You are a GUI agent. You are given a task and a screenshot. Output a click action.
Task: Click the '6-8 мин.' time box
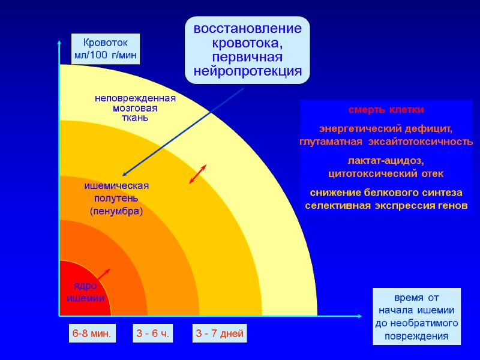pyautogui.click(x=92, y=334)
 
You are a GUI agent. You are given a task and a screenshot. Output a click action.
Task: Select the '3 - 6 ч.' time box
pyautogui.click(x=153, y=334)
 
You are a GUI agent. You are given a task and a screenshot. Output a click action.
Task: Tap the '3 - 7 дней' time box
pyautogui.click(x=220, y=334)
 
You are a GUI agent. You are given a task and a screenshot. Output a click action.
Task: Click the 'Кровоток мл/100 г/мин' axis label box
pyautogui.click(x=106, y=49)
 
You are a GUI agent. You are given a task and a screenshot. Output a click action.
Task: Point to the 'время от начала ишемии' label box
pyautogui.click(x=417, y=316)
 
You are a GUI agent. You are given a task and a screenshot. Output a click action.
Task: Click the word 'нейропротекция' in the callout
pyautogui.click(x=247, y=71)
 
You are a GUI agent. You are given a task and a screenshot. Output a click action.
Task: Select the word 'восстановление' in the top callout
pyautogui.click(x=247, y=29)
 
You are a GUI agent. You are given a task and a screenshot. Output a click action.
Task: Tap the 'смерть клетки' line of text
pyautogui.click(x=386, y=110)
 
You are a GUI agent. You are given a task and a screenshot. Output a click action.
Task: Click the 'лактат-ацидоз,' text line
pyautogui.click(x=386, y=161)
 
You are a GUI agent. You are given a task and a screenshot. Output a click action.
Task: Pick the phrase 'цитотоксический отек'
pyautogui.click(x=386, y=174)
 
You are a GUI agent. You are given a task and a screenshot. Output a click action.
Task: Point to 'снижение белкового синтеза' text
pyautogui.click(x=386, y=193)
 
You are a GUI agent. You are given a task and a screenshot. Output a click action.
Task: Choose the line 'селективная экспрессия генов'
pyautogui.click(x=386, y=206)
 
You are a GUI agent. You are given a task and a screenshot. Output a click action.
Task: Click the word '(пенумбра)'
pyautogui.click(x=116, y=211)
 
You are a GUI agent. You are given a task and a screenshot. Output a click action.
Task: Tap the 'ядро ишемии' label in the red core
pyautogui.click(x=85, y=292)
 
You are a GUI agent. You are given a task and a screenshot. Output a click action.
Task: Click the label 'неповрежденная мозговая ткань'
pyautogui.click(x=135, y=108)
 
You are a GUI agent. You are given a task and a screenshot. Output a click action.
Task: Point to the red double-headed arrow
pyautogui.click(x=198, y=173)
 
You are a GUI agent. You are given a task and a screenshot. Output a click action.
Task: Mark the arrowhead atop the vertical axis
pyautogui.click(x=59, y=42)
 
